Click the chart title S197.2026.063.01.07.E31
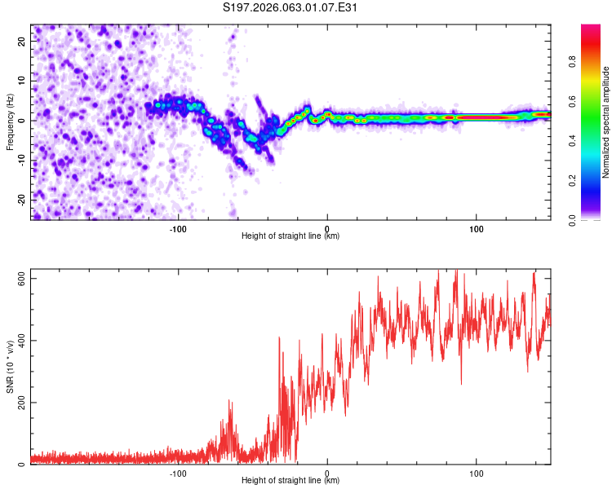[291, 8]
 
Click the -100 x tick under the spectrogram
[179, 229]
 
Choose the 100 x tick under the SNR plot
[477, 474]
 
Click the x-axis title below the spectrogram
[291, 236]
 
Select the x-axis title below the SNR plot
[291, 481]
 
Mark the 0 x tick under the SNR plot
[327, 474]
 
